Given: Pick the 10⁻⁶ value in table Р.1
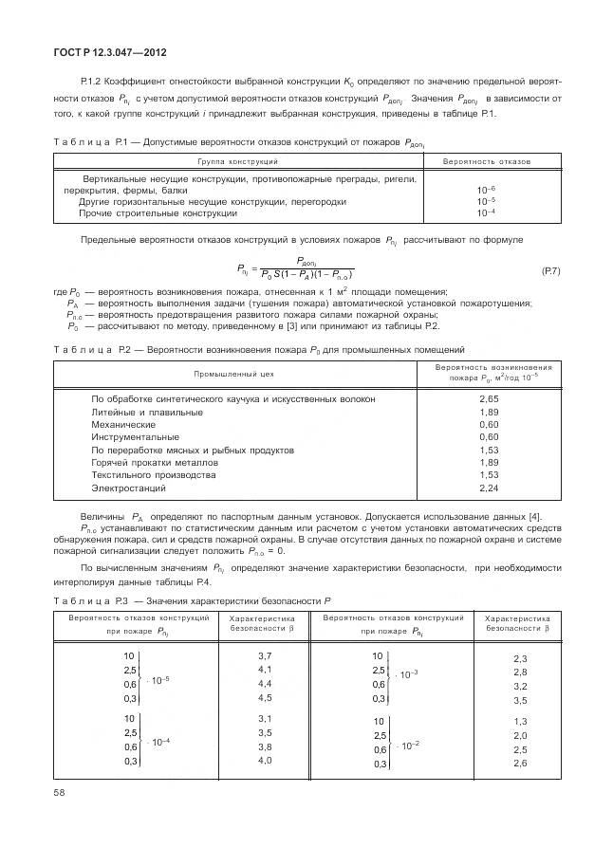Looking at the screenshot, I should pyautogui.click(x=486, y=190).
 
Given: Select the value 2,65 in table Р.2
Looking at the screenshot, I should pyautogui.click(x=489, y=399).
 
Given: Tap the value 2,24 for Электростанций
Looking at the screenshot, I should pyautogui.click(x=489, y=488).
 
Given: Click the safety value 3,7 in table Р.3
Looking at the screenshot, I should pyautogui.click(x=265, y=656).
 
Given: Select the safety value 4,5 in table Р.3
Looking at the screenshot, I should pyautogui.click(x=265, y=697).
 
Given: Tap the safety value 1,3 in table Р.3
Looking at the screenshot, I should pyautogui.click(x=519, y=722).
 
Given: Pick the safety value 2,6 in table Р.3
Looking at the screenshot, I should pyautogui.click(x=519, y=763).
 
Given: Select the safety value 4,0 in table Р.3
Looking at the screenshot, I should pyautogui.click(x=265, y=760).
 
